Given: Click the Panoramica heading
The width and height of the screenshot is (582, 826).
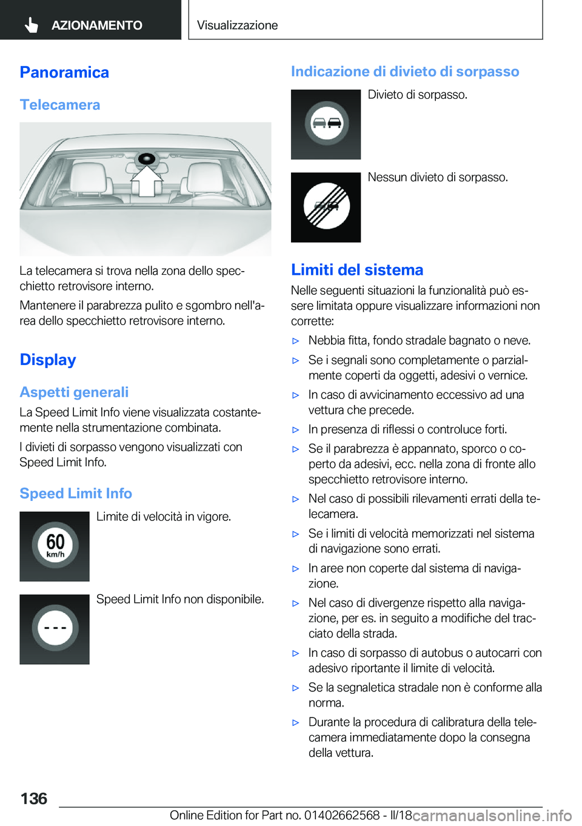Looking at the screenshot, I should [64, 72].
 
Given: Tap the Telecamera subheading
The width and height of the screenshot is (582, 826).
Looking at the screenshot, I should [59, 105].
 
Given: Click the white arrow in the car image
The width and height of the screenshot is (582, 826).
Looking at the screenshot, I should [147, 180].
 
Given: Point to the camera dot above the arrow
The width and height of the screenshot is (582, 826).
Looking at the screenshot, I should [147, 159].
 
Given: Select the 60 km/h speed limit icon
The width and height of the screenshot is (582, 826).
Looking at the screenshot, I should [55, 546].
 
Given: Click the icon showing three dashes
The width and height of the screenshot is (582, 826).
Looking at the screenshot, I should [55, 628].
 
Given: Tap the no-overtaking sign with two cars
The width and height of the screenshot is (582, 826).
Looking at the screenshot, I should [326, 124].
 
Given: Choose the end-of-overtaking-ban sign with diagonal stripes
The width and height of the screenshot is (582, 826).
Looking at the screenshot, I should [326, 207].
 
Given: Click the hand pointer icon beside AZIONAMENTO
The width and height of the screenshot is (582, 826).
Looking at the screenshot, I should [32, 25].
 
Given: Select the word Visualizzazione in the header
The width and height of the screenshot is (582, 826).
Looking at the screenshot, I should [237, 25].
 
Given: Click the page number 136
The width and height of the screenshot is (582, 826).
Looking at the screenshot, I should [33, 798].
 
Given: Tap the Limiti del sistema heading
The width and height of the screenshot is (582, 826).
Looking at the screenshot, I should [357, 270].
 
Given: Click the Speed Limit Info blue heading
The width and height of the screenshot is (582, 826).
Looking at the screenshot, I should [76, 494].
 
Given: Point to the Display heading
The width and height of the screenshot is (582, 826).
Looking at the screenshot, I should [48, 360].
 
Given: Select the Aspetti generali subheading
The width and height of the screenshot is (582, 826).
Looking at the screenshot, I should [74, 392].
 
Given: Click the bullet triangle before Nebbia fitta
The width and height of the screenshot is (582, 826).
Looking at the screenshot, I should [296, 341].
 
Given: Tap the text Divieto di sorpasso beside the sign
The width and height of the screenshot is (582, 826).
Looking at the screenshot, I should [417, 95].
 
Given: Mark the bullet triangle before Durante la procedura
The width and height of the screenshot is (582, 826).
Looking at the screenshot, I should [296, 722].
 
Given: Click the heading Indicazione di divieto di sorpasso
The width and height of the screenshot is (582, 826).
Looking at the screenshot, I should [405, 72].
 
